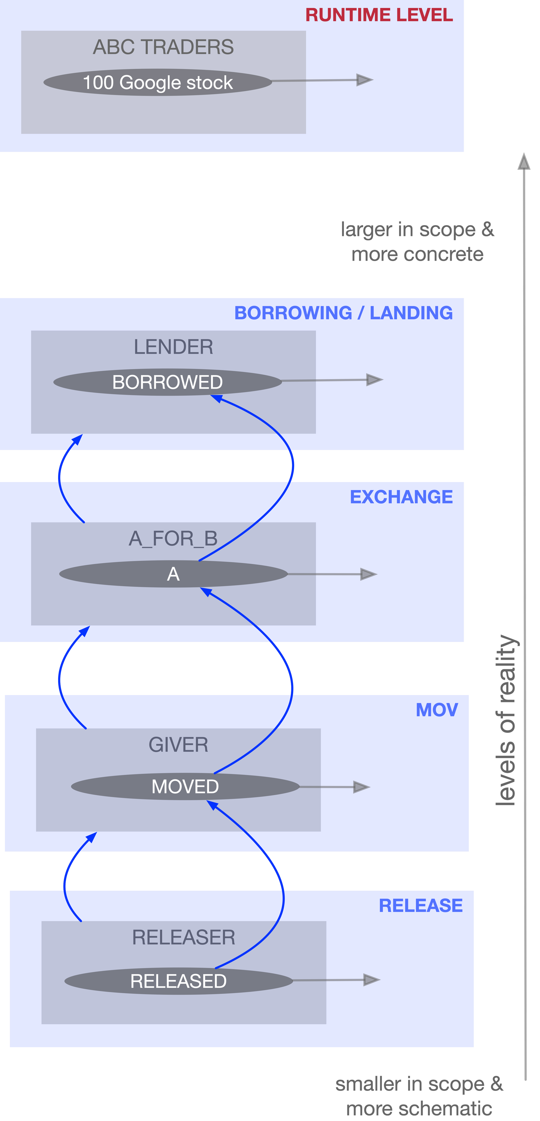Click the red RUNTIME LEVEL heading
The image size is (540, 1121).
pos(379,15)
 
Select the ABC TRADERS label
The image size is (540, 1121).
pos(163,47)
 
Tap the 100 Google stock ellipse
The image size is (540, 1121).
pos(158,82)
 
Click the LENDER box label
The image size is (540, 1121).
pos(173,347)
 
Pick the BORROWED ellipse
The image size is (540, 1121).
pos(168,382)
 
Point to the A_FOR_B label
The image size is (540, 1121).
pos(173,539)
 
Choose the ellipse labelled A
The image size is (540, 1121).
pos(173,574)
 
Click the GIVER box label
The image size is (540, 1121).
pos(179,745)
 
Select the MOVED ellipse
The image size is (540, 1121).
pos(185,786)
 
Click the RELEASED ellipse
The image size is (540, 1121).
pos(179,981)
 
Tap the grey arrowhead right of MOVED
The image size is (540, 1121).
pos(361,787)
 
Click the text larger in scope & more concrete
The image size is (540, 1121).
pos(417,242)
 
